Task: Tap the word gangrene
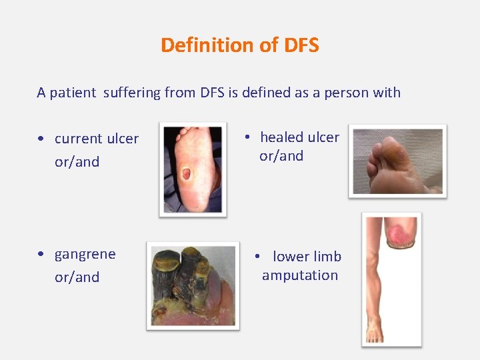coord(85,255)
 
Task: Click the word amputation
coord(300,275)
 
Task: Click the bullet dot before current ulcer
coord(41,139)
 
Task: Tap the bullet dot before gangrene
coord(41,255)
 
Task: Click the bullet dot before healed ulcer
coord(247,137)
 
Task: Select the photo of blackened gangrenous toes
coord(193,285)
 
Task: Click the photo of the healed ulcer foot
coord(397,161)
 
